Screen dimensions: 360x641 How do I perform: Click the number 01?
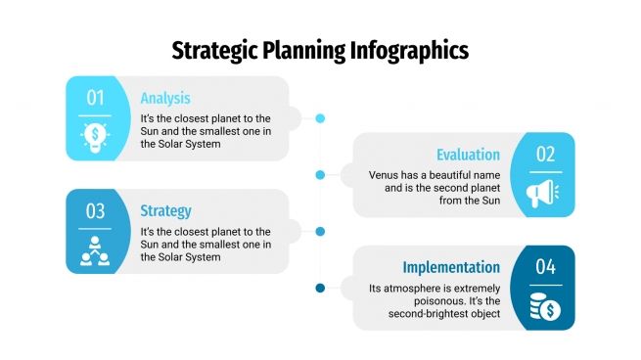95,97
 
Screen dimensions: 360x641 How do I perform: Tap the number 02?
545,154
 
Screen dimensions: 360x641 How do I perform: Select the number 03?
95,210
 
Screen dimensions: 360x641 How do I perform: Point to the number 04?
545,267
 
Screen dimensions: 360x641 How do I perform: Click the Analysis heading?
165,98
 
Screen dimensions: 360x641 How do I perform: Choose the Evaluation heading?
468,155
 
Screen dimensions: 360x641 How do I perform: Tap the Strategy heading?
165,210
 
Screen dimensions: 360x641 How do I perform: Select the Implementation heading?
451,267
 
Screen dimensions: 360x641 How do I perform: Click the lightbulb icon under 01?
95,134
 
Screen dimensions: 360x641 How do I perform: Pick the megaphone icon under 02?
545,191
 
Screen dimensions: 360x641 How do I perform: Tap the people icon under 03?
95,248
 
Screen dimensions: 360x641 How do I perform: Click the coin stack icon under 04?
545,305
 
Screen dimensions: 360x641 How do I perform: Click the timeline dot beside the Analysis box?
320,118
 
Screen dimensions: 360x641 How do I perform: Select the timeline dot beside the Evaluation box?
320,175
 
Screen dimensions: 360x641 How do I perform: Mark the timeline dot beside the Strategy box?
320,232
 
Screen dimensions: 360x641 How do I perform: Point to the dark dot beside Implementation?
320,288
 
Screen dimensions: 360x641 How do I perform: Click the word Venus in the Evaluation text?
385,175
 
